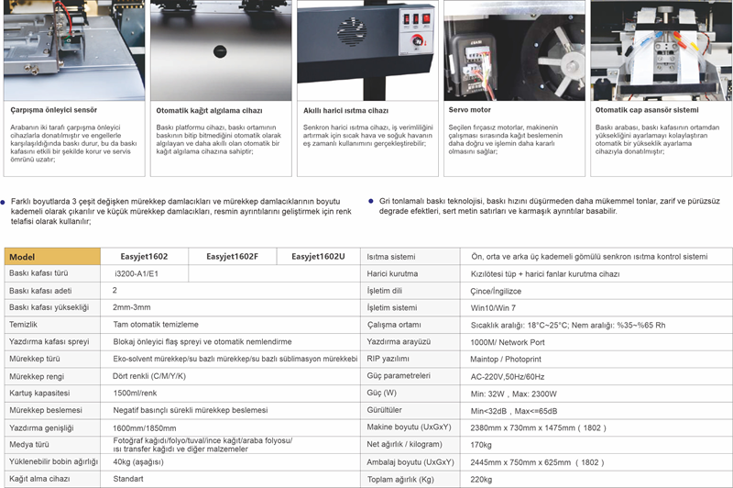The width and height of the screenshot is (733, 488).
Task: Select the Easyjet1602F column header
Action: [x=232, y=257]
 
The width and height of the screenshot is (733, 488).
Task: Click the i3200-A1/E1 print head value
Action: [x=137, y=273]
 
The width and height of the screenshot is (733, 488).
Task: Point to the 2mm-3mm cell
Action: [x=132, y=307]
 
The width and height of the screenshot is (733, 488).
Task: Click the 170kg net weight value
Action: [x=482, y=444]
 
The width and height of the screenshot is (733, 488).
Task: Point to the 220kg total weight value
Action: [x=482, y=478]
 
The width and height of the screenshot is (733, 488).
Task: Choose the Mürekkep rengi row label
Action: [x=36, y=375]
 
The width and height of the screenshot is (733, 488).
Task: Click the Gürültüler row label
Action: [x=385, y=409]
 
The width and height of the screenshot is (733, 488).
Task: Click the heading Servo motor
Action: [x=469, y=110]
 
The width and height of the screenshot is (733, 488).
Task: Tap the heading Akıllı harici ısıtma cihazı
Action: [x=345, y=110]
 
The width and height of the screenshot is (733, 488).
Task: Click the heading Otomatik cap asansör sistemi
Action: [x=640, y=110]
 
